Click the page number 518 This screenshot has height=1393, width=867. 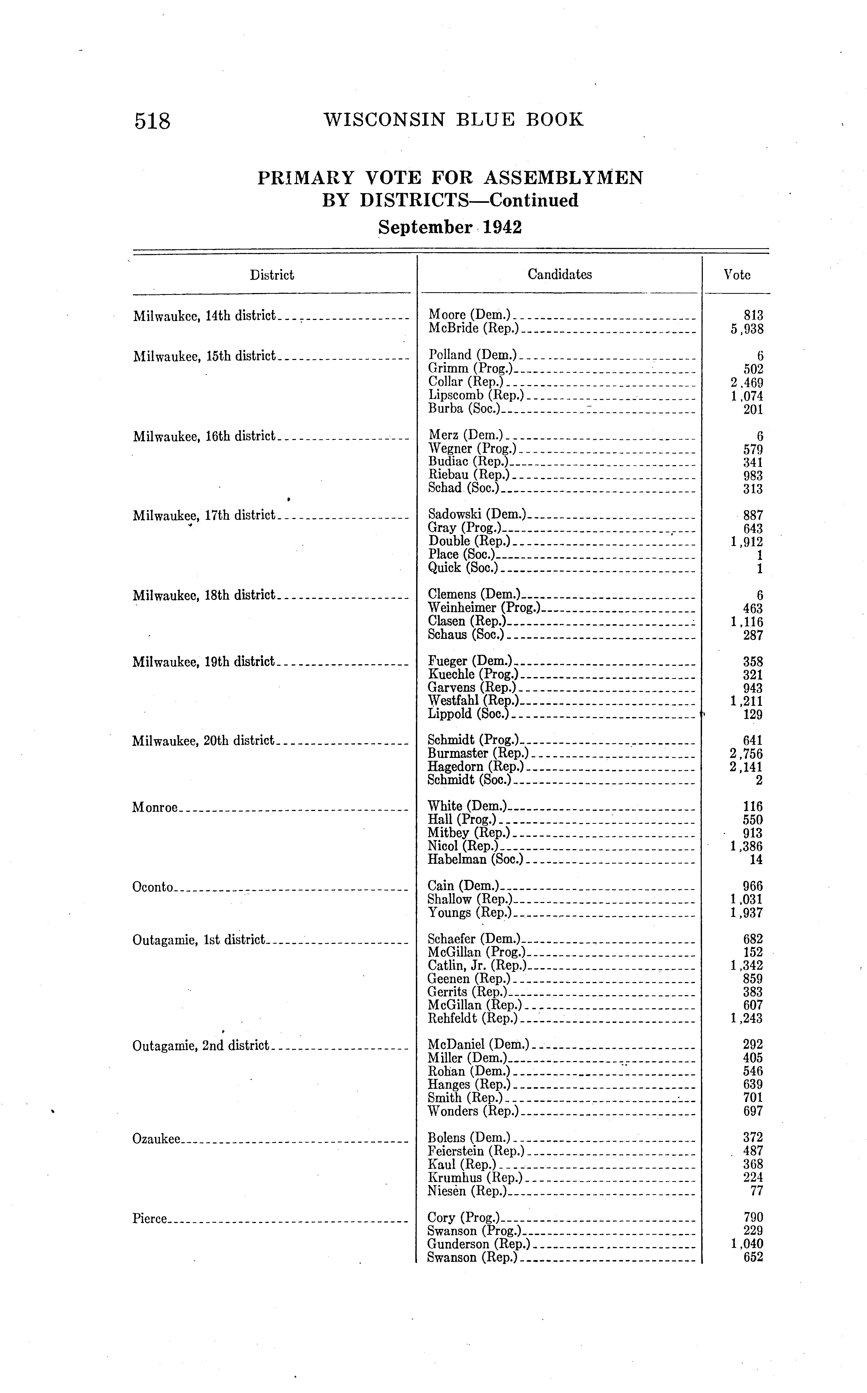[x=152, y=121]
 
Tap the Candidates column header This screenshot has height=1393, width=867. [x=560, y=275]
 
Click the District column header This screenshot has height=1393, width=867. [x=272, y=275]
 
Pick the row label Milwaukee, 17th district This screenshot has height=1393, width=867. [x=204, y=515]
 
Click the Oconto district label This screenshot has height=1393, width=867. [x=152, y=887]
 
